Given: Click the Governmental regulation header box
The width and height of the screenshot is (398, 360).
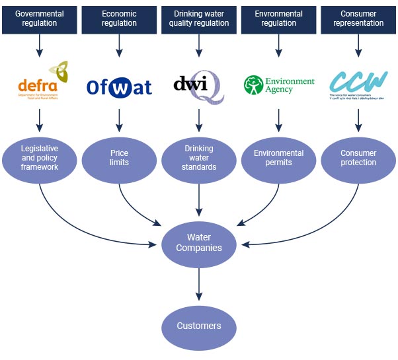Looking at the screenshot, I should click(40, 18).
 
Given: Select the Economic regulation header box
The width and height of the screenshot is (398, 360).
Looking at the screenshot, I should click(120, 18).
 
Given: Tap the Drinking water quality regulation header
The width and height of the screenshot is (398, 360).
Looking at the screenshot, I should click(199, 18).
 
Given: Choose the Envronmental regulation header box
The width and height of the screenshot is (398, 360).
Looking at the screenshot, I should click(278, 18).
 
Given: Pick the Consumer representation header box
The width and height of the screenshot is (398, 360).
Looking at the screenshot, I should click(358, 18).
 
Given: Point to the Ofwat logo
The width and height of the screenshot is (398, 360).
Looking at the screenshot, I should click(120, 87).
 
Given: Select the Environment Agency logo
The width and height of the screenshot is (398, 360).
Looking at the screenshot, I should click(278, 85).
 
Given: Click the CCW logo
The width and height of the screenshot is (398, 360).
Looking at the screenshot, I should click(358, 85).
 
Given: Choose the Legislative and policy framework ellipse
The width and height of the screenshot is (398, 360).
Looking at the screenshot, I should click(40, 158).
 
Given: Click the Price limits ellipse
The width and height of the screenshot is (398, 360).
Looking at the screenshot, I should click(120, 158).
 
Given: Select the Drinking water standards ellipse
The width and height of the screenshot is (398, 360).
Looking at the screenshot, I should click(199, 158).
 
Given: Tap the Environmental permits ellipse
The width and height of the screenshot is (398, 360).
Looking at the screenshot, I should click(278, 158).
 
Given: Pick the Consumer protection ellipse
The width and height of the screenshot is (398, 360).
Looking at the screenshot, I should click(358, 158).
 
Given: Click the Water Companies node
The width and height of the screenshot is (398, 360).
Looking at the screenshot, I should click(199, 242).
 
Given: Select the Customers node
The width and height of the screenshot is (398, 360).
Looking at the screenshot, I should click(199, 326).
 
